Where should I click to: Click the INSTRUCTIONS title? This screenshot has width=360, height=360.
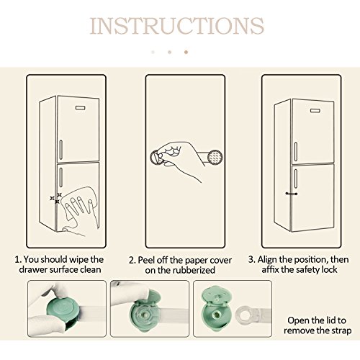click(x=177, y=26)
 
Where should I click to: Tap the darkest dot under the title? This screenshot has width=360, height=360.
click(x=186, y=52)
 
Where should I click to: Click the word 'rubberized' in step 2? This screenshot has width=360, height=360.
click(x=194, y=270)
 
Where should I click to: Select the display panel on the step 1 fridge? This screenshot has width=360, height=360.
click(x=81, y=107)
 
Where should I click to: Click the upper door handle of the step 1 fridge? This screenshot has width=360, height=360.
click(x=60, y=150)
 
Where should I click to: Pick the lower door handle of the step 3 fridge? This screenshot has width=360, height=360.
click(x=296, y=179)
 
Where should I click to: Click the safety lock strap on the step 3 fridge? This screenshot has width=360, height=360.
click(x=292, y=194)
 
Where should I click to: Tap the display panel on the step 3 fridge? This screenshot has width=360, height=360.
click(x=315, y=110)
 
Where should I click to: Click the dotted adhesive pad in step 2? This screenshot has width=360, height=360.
click(x=215, y=157)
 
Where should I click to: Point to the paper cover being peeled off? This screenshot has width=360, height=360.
click(x=157, y=157)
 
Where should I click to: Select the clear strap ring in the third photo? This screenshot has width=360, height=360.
click(x=245, y=313)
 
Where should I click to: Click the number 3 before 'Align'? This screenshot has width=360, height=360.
click(x=251, y=259)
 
